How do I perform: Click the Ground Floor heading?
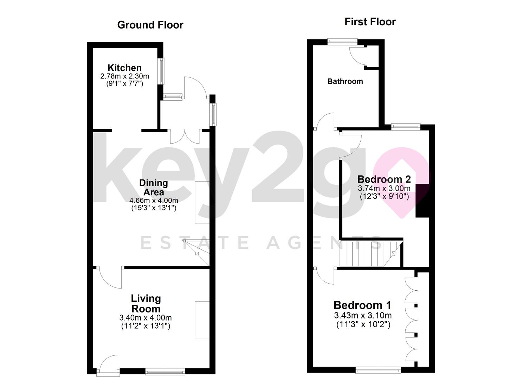coord(150,25)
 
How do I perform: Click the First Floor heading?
coord(370,22)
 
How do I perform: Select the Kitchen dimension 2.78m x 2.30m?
coord(124,76)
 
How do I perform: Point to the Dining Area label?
coord(154,188)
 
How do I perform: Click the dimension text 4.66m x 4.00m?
coord(154,201)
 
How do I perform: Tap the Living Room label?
coord(146,304)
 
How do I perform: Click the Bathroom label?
coord(345,81)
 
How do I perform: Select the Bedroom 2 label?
coord(384,179)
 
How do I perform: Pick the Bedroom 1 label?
coord(362,305)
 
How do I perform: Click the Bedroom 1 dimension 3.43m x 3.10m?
coord(363,315)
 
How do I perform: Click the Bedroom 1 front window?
coord(378,369)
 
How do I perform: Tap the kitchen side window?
coord(162,71)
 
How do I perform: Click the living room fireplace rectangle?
coord(202,319)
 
